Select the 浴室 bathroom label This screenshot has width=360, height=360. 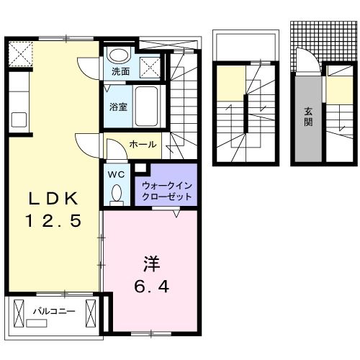(x=119, y=106)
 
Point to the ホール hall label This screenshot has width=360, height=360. (x=143, y=145)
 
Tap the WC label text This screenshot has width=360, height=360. (x=116, y=174)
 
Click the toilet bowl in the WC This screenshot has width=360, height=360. (x=117, y=194)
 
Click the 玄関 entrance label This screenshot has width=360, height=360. (x=307, y=117)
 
